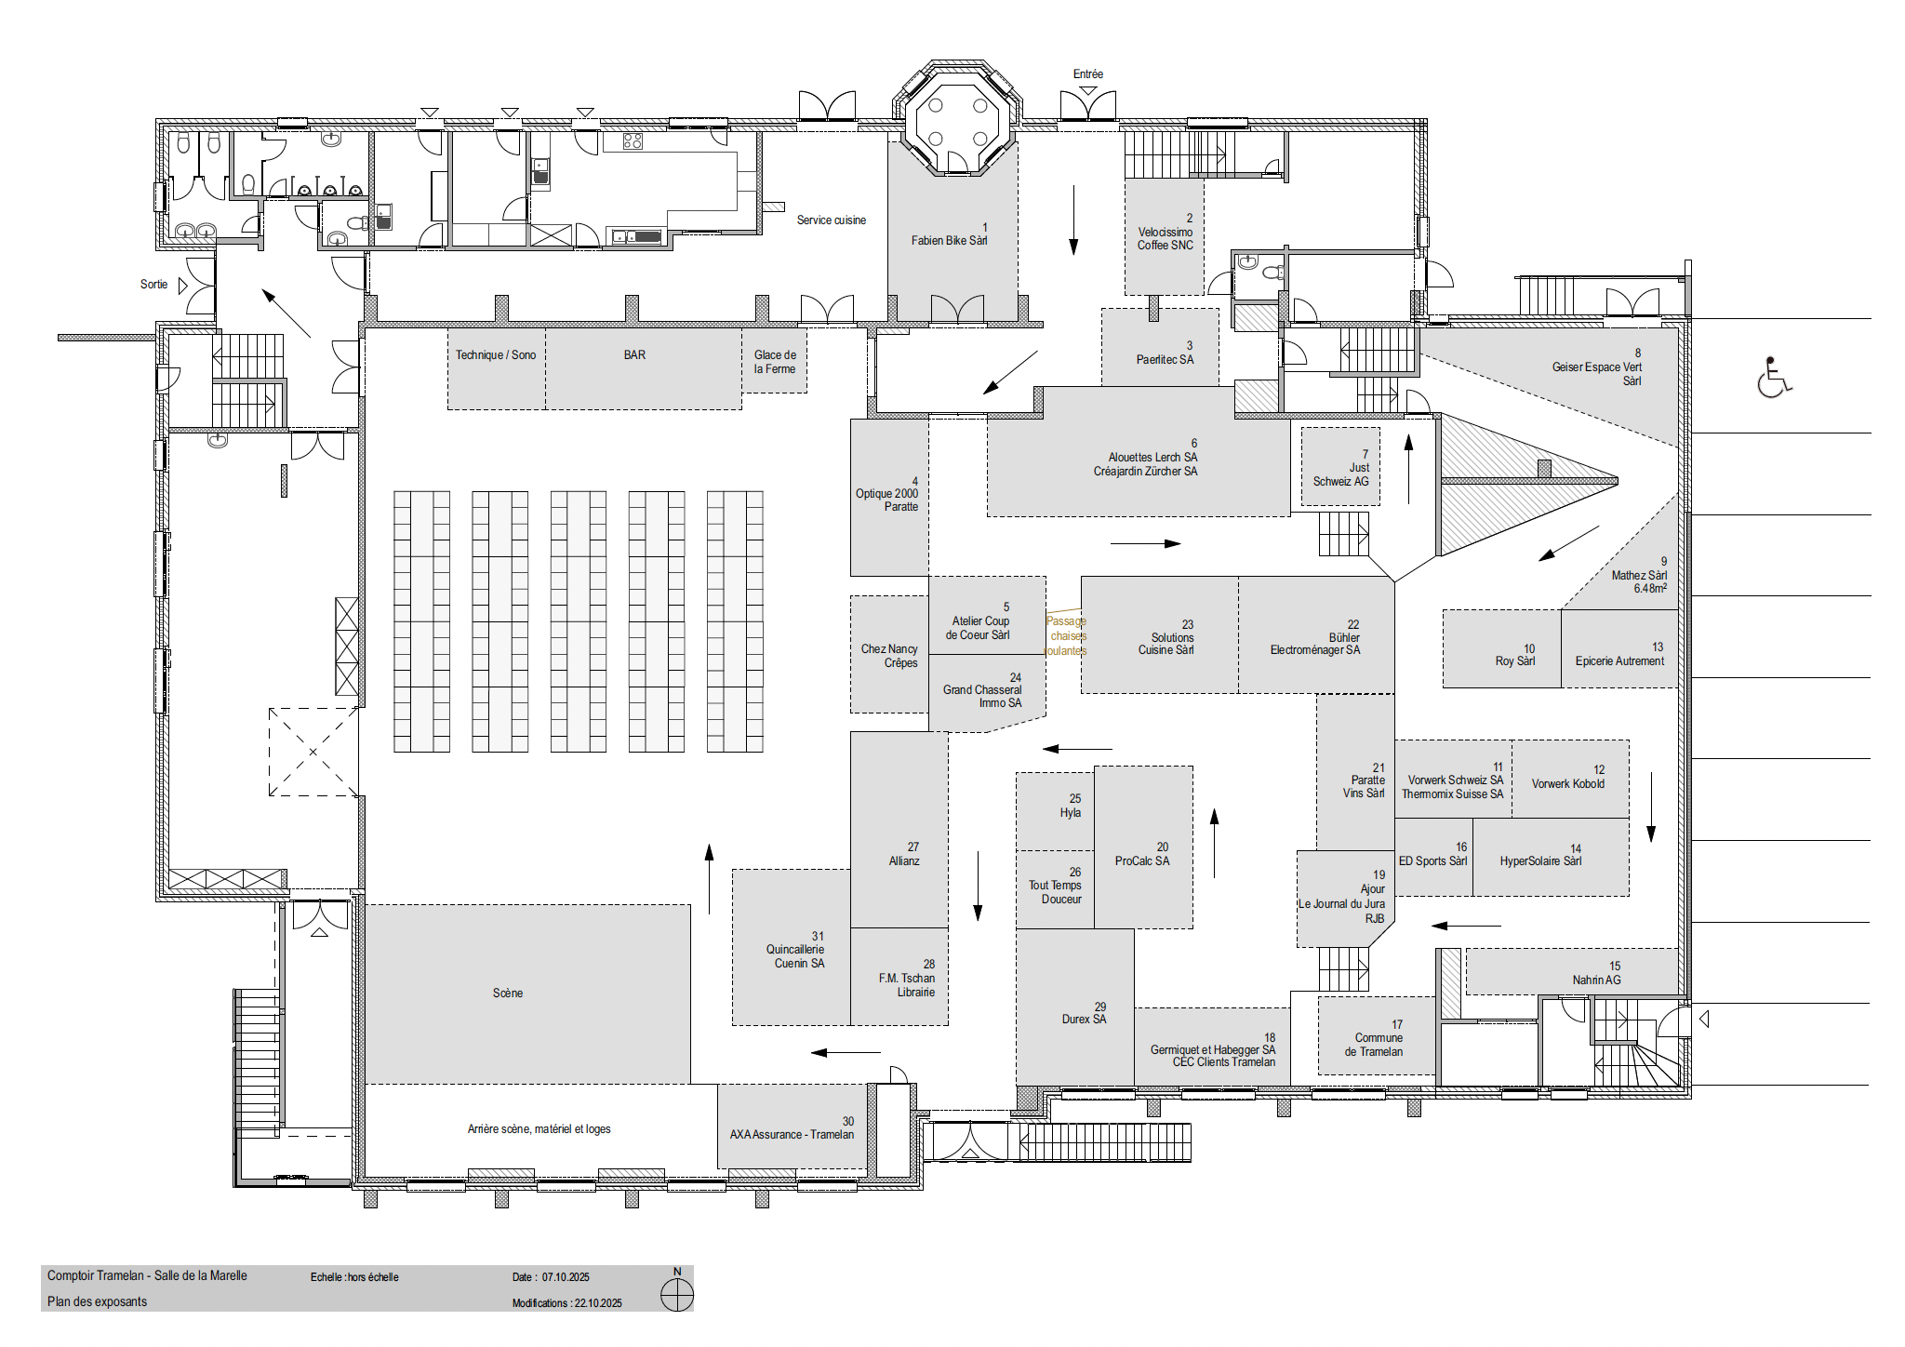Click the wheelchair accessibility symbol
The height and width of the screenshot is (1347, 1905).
[1774, 377]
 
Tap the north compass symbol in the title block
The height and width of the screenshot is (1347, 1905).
[677, 1294]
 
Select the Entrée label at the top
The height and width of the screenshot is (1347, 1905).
[1088, 74]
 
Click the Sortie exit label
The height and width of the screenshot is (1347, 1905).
[154, 285]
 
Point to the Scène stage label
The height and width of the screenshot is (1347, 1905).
[508, 994]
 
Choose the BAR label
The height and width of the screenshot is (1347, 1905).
[634, 355]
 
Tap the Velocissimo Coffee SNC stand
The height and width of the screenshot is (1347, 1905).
[1165, 237]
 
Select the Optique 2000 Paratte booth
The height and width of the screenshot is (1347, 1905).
[889, 498]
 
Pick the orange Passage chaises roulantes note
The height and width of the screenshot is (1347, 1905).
[1066, 635]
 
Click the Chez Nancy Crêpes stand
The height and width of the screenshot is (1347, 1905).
[889, 655]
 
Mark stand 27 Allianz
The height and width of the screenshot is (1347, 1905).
[899, 830]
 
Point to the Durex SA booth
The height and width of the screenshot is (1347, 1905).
[1074, 1007]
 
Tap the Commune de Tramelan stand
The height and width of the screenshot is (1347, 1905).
[1377, 1035]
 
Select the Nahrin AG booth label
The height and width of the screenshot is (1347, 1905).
[1597, 980]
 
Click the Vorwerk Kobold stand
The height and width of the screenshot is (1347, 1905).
[1570, 779]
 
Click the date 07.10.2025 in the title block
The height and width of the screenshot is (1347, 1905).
[566, 1277]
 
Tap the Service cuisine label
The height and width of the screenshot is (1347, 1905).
[832, 220]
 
